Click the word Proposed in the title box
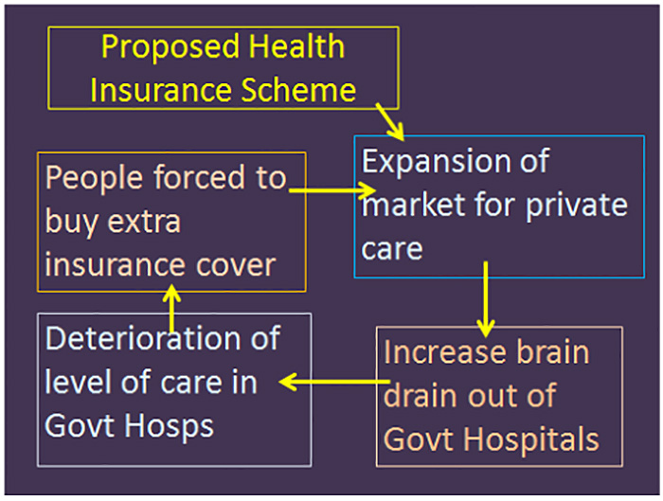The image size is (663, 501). pyautogui.click(x=170, y=47)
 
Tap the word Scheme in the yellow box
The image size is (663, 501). pyautogui.click(x=298, y=90)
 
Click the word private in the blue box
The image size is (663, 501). pyautogui.click(x=576, y=206)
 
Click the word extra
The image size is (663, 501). pyautogui.click(x=144, y=221)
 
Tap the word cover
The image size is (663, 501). pyautogui.click(x=236, y=265)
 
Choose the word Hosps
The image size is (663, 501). pyautogui.click(x=169, y=427)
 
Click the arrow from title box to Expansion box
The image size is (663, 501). pyautogui.click(x=390, y=122)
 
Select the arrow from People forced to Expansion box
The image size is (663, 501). pyautogui.click(x=332, y=190)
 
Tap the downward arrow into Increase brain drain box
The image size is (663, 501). pyautogui.click(x=486, y=299)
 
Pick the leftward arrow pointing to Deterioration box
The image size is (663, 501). pyautogui.click(x=334, y=382)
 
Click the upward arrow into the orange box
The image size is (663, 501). pyautogui.click(x=171, y=308)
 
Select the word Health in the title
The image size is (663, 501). pyautogui.click(x=296, y=46)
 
